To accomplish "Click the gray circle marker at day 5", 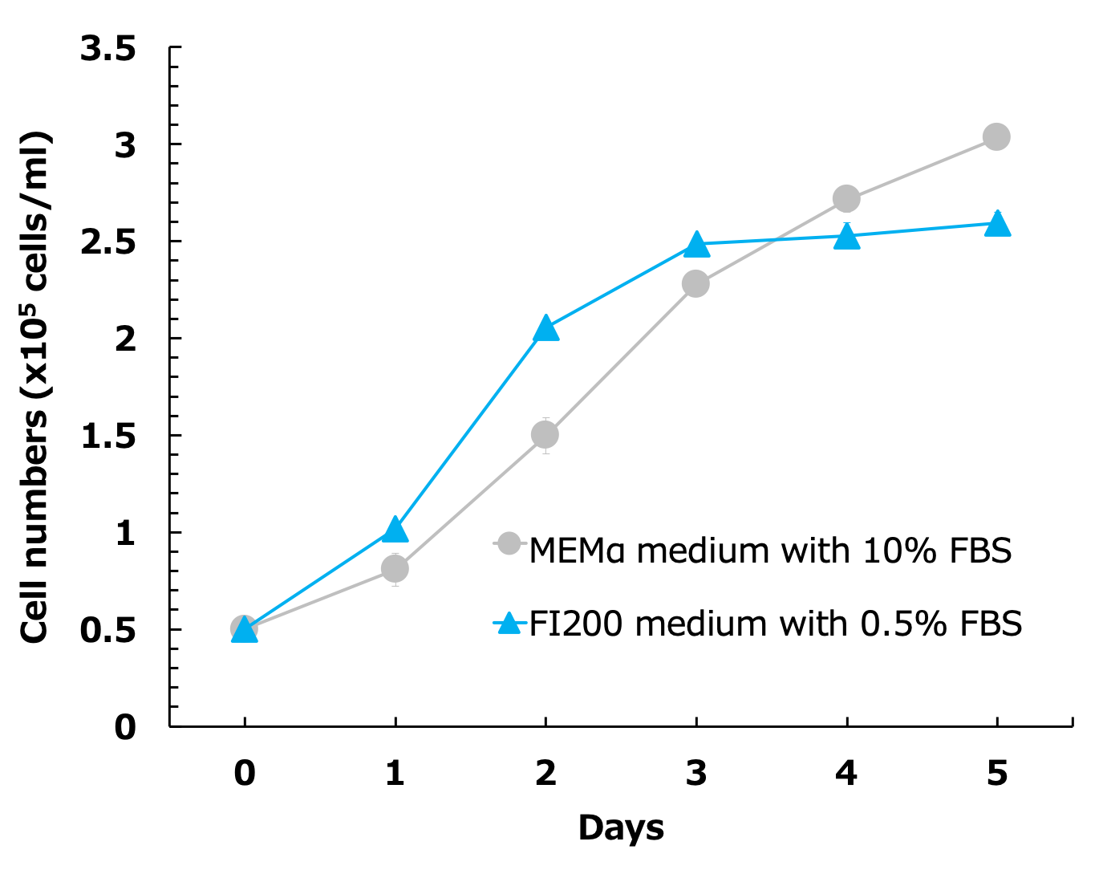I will [996, 137].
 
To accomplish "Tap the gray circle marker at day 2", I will [545, 435].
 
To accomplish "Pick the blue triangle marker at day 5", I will [997, 224].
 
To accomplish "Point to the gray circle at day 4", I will [846, 198].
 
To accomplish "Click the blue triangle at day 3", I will [696, 245].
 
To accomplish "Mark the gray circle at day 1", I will [395, 569].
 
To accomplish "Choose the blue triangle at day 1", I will [395, 530].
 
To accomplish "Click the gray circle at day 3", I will [695, 283].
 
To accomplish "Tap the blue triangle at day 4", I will [846, 238].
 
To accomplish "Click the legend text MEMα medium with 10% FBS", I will [770, 551].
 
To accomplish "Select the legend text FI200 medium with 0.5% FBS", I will [776, 624].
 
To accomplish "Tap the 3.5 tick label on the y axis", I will [107, 50].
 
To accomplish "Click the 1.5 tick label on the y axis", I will [107, 437].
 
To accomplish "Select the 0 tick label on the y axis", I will [125, 728].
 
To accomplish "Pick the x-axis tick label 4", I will [846, 774].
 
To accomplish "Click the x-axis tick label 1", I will [395, 774].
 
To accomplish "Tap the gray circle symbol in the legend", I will [509, 544].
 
